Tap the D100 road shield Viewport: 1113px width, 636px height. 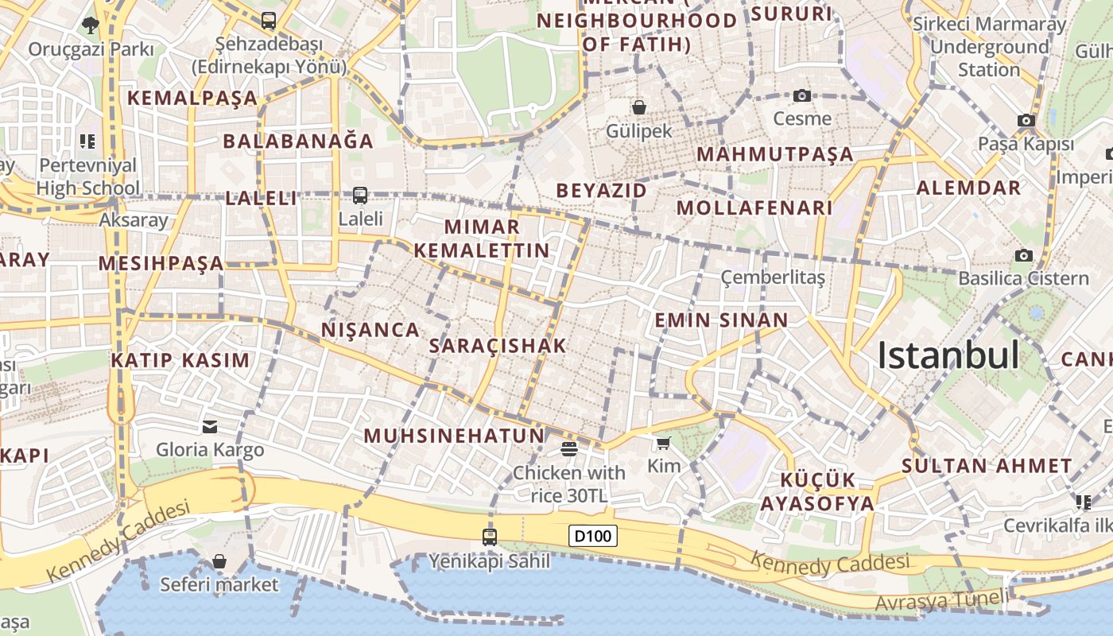click(x=594, y=536)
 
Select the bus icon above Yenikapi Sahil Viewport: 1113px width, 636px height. click(x=490, y=537)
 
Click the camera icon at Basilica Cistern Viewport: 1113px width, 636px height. click(x=1023, y=256)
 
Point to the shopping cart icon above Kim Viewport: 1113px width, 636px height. click(x=664, y=443)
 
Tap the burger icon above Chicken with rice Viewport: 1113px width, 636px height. click(x=568, y=449)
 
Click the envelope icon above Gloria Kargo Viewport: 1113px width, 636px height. click(x=210, y=427)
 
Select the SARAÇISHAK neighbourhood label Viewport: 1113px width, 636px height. click(x=498, y=346)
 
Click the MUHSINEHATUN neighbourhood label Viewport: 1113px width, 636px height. click(x=454, y=436)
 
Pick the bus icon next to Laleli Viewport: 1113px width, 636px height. click(x=360, y=195)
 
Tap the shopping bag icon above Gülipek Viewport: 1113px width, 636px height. click(x=639, y=107)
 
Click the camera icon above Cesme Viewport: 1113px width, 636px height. click(x=802, y=96)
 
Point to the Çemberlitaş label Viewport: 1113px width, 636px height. click(x=773, y=277)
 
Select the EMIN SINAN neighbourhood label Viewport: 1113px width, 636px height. click(x=721, y=320)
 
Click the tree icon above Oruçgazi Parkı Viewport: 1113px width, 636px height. click(x=90, y=25)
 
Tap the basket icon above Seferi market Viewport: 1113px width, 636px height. click(x=219, y=561)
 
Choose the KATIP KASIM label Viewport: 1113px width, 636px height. click(x=180, y=360)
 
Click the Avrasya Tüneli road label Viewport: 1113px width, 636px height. click(x=941, y=601)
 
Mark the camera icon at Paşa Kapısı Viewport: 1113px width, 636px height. click(x=1026, y=121)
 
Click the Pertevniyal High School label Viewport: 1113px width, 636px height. click(x=88, y=177)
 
